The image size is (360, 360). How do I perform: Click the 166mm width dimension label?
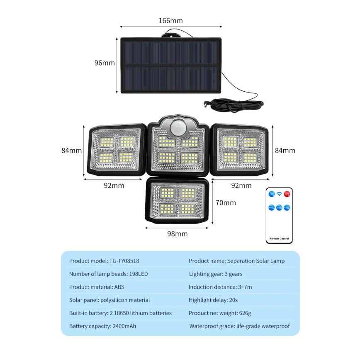click(170, 21)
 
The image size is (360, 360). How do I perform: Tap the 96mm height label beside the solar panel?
click(105, 63)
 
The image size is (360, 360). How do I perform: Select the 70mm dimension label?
click(226, 203)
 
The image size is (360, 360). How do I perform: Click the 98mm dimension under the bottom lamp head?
click(178, 234)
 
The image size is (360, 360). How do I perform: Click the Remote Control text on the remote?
click(279, 239)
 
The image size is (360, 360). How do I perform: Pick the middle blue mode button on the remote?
click(279, 207)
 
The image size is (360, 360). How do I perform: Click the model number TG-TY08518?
click(124, 261)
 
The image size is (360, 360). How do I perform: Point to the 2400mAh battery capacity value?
click(124, 326)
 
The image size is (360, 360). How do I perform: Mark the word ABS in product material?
click(119, 287)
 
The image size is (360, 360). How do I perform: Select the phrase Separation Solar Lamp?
click(256, 261)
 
